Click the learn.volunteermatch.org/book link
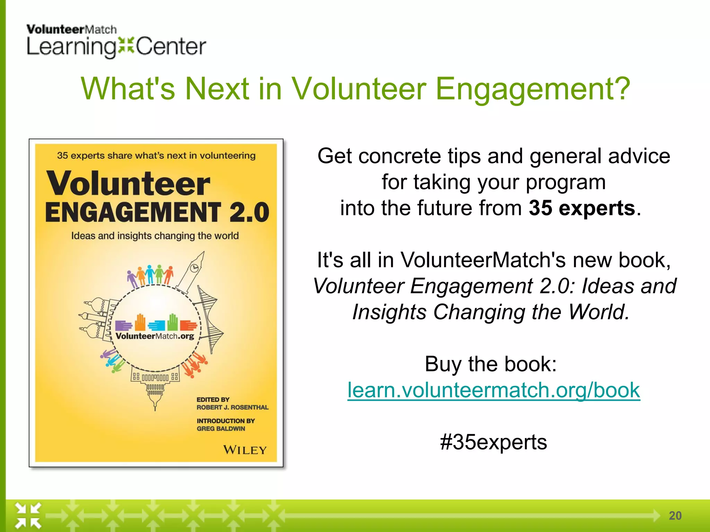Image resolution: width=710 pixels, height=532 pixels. coord(494,390)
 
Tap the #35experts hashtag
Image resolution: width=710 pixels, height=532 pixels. coord(493,442)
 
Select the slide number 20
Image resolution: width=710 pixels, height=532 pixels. coord(675,516)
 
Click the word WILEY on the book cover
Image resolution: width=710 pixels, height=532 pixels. coord(245,450)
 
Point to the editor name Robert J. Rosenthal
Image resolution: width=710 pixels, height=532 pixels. coord(232,407)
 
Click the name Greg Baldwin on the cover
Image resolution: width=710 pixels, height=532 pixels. coord(221,429)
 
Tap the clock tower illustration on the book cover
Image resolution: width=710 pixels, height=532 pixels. coord(192,272)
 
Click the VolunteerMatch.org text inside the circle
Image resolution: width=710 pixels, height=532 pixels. coord(155,336)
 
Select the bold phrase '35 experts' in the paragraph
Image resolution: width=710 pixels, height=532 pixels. coord(582,208)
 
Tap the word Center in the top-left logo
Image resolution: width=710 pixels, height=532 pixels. coord(171,47)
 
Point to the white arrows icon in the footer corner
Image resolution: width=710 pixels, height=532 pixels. coord(28,515)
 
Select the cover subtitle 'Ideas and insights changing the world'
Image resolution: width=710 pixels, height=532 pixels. coord(155,236)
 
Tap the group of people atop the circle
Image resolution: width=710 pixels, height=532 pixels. coord(150,275)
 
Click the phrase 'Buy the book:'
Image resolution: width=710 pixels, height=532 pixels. coord(491,364)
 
